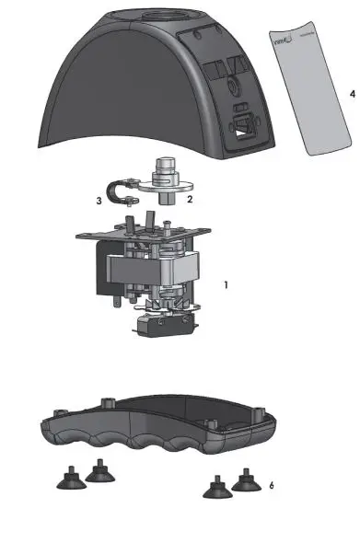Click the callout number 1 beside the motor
coord(226,285)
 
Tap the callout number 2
coord(189,198)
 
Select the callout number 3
coord(99,200)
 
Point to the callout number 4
coord(352,94)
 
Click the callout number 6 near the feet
coord(271,484)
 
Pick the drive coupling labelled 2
coord(166,180)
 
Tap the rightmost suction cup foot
coord(246,478)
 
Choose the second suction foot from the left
coord(99,471)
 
